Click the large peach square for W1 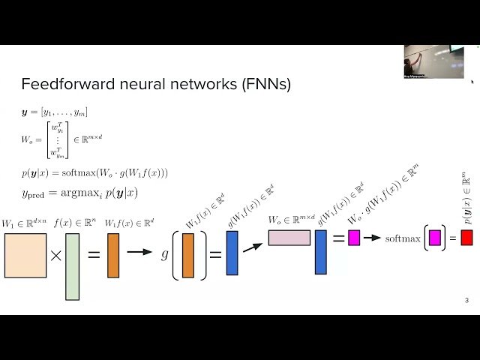[25, 256]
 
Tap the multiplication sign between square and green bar [55, 256]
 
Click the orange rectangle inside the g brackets [187, 256]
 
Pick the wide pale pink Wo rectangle [289, 238]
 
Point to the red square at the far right [466, 238]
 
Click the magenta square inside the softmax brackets [434, 238]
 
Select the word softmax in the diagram [403, 238]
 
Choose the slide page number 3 [466, 301]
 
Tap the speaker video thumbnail [433, 61]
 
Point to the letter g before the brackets [165, 254]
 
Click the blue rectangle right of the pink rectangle [320, 251]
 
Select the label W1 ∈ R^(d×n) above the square [24, 223]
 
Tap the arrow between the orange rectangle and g [139, 253]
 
